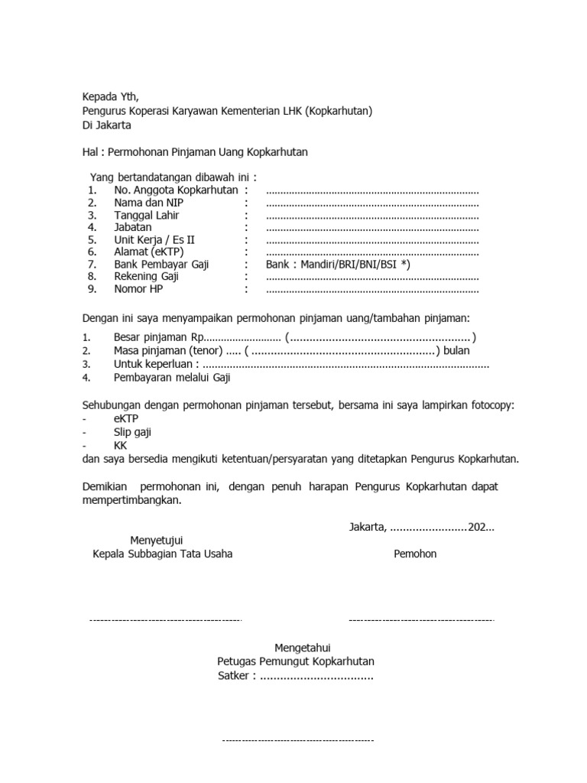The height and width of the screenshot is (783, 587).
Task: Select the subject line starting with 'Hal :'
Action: point(195,152)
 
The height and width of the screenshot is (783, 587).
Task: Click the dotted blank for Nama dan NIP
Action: point(372,204)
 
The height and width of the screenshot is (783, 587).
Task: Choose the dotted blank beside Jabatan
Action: point(372,229)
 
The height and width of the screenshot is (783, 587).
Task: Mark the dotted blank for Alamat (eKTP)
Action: point(372,253)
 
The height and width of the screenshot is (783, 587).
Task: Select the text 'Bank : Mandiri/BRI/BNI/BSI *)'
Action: point(339,264)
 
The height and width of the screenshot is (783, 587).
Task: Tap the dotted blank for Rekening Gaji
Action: point(372,278)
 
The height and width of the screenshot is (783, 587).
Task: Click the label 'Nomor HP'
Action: point(138,289)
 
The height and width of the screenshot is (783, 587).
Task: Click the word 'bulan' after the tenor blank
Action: point(456,350)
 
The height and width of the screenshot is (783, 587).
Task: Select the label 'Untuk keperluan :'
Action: point(156,364)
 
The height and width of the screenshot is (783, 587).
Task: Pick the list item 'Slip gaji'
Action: point(132,432)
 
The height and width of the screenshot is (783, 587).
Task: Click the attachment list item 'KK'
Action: point(121,444)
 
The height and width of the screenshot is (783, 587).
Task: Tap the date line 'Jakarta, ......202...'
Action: point(422,528)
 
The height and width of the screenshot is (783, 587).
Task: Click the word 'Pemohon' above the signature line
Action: point(415,554)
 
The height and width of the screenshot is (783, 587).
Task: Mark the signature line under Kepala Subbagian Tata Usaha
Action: point(166,620)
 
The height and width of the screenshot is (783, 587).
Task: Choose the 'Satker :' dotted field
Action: point(296,676)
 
